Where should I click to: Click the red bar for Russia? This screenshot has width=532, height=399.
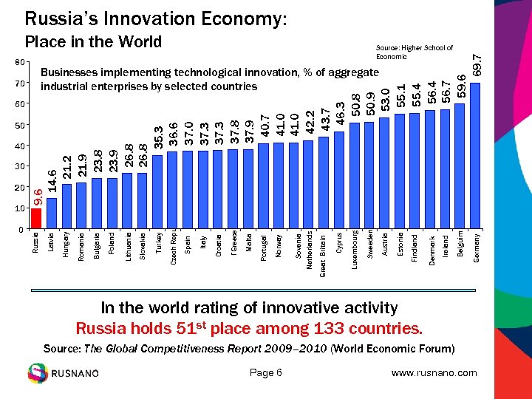click(x=36, y=219)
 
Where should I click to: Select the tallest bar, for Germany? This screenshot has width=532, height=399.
click(x=475, y=155)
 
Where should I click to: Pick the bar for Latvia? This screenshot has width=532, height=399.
click(x=51, y=214)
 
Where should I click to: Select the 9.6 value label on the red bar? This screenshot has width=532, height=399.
click(x=36, y=196)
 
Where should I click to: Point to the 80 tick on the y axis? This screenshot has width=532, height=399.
click(x=20, y=63)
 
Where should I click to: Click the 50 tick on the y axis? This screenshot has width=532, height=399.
click(x=20, y=126)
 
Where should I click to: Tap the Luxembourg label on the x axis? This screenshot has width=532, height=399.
click(x=355, y=249)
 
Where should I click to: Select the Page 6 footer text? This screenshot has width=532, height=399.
click(x=266, y=372)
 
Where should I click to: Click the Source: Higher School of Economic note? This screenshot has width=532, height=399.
click(x=414, y=52)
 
